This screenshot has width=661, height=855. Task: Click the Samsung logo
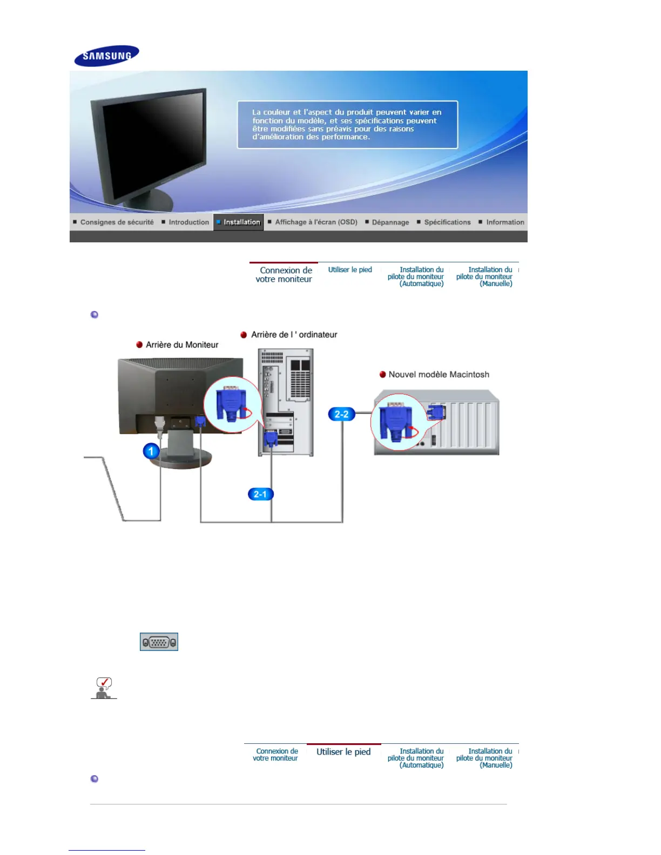106,56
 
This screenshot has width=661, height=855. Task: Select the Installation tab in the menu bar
239,222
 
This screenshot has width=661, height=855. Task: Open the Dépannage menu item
390,222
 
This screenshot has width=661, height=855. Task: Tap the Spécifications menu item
447,222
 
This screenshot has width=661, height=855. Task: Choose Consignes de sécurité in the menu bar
116,222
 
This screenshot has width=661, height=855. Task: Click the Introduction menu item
188,222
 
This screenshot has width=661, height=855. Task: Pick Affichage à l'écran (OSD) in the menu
316,222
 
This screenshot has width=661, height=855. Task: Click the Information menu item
504,222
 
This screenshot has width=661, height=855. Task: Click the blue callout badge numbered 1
151,451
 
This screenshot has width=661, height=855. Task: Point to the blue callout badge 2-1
260,494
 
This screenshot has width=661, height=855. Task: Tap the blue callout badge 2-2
341,414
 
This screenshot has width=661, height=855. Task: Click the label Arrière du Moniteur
182,345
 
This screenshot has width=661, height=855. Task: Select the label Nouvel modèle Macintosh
439,375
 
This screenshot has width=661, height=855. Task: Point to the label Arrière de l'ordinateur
294,335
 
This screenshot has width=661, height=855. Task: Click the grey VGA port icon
159,642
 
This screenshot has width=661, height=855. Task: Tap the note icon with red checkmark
104,688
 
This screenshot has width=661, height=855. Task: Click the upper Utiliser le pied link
350,270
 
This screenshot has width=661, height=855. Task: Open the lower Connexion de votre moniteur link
275,755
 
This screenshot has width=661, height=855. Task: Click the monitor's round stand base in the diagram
181,462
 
